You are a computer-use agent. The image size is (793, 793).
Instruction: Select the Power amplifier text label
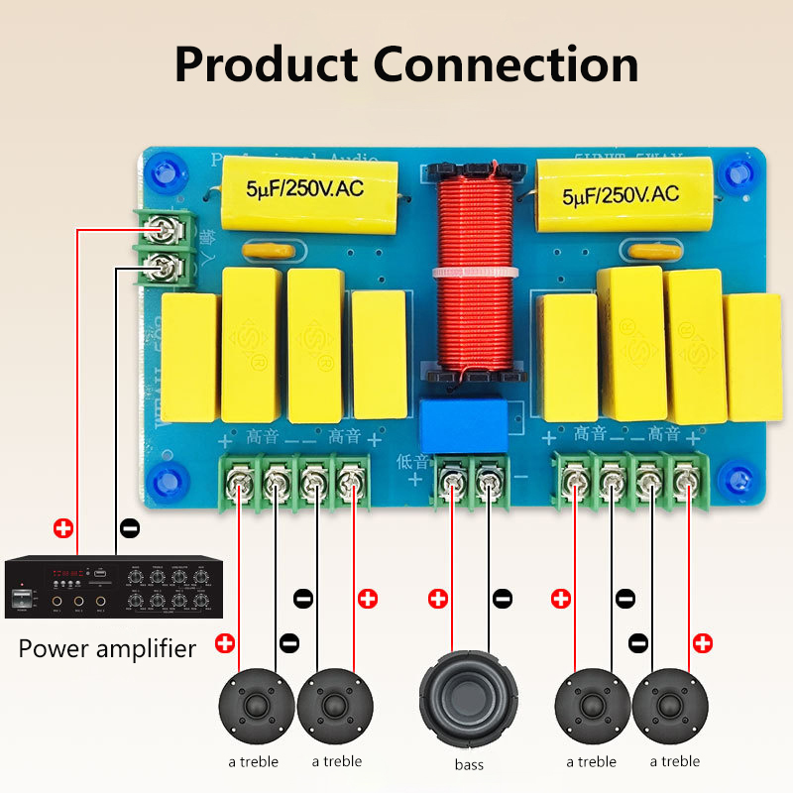tap(108, 649)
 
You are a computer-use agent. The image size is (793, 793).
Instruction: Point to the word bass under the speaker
tap(469, 764)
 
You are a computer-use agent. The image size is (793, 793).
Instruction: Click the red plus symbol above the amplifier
tap(63, 527)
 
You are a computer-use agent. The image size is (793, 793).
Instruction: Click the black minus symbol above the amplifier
tap(129, 527)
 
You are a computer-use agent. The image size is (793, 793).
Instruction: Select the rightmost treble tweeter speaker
tap(675, 707)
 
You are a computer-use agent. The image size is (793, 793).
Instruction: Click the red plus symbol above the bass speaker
tap(437, 599)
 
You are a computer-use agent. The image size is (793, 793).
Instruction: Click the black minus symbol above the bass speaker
tap(503, 599)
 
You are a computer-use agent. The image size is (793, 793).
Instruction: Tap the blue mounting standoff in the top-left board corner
tap(160, 171)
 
